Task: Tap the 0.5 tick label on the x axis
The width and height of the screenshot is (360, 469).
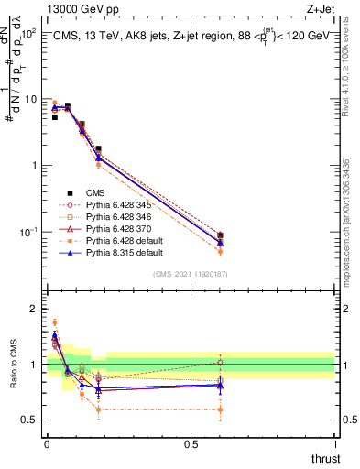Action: (x=191, y=442)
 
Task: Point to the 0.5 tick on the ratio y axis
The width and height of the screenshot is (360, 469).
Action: (x=31, y=420)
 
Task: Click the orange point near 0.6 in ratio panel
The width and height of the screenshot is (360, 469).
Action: (x=220, y=409)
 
